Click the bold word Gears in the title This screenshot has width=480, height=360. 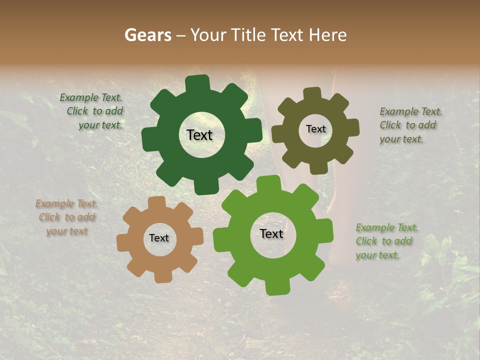[x=147, y=35]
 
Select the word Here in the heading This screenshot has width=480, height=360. [x=328, y=35]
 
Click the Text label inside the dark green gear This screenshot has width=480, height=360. [x=199, y=135]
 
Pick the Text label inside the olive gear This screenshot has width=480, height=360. [x=315, y=129]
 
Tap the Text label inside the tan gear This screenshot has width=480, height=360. [x=159, y=238]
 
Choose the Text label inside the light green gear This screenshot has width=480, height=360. [x=271, y=233]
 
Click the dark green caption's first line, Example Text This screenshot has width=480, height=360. [x=91, y=97]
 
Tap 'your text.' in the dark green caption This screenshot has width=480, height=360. [x=100, y=125]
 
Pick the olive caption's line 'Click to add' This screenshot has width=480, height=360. [x=407, y=125]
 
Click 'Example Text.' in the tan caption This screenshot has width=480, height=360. [x=66, y=203]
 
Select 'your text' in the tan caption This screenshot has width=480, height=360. [x=67, y=231]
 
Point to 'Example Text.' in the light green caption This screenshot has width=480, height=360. [x=387, y=227]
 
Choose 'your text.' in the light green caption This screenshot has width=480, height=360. [x=377, y=255]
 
